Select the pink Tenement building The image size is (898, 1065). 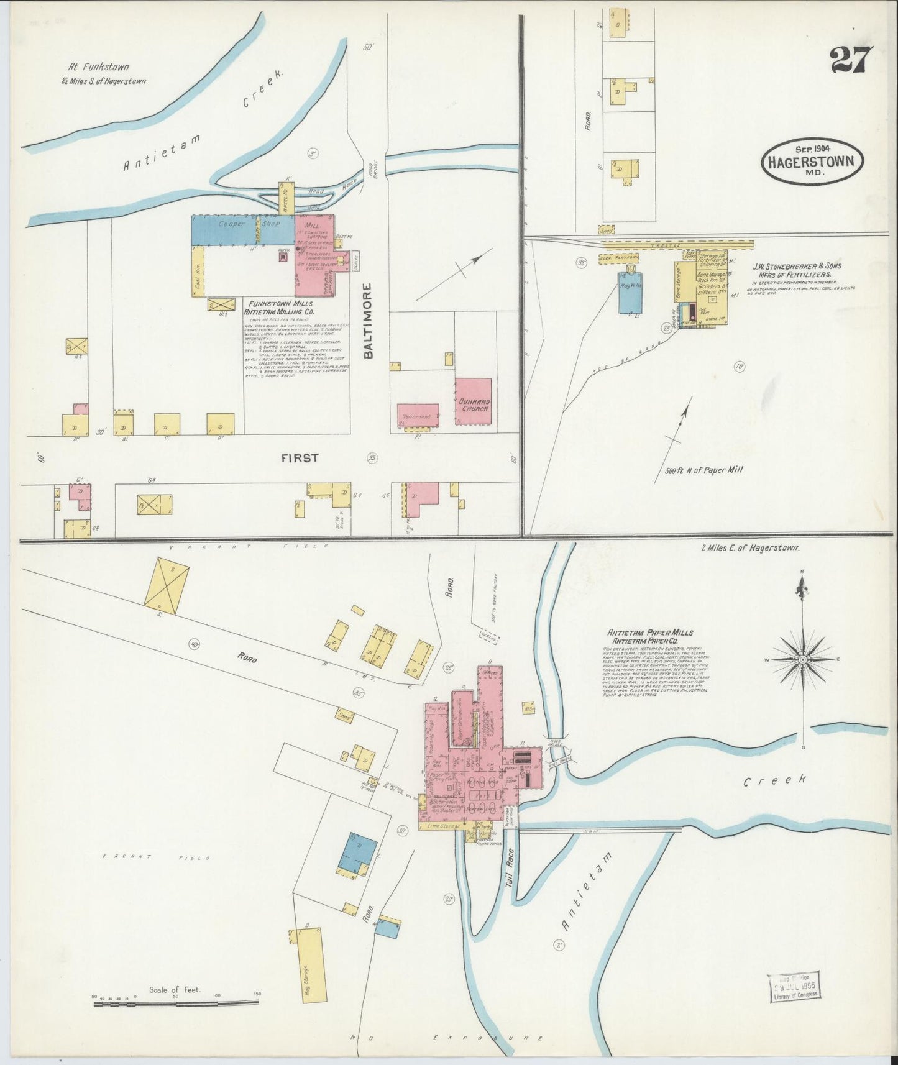[418, 415]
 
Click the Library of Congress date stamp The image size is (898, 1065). [793, 988]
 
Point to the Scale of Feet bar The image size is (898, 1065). [176, 1002]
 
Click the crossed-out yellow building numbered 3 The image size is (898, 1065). [166, 582]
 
